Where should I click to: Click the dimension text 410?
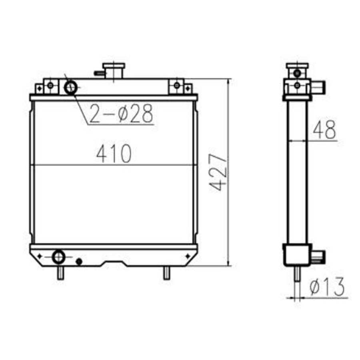[114, 154]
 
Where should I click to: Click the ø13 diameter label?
[327, 287]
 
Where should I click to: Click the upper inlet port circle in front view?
[70, 87]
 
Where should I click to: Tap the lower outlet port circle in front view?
[58, 256]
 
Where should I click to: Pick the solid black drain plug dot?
[79, 261]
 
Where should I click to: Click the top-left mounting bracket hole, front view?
[50, 85]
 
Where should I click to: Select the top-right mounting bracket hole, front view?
[176, 85]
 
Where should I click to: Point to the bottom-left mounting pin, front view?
[60, 273]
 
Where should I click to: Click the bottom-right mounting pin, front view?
[166, 273]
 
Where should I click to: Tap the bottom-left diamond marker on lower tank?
[40, 256]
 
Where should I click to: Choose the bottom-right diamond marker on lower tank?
[187, 256]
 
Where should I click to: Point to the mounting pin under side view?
[297, 274]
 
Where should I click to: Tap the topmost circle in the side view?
[297, 73]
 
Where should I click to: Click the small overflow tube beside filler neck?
[98, 73]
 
